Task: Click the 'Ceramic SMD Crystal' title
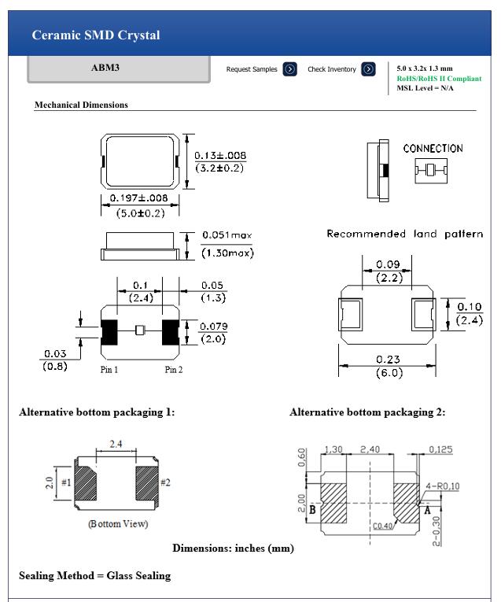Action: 96,35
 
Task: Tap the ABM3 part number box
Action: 105,68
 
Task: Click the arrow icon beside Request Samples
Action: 289,69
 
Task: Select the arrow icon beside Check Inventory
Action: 368,69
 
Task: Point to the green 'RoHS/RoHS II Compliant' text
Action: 439,79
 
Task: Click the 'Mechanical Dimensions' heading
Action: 81,105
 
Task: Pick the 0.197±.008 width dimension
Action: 139,198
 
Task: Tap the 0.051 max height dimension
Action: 227,235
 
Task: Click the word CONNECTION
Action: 433,149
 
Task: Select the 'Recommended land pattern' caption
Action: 404,234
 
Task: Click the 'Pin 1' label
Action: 109,370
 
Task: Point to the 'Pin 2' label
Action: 174,370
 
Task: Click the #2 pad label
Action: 165,482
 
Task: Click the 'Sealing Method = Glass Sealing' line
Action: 94,575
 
